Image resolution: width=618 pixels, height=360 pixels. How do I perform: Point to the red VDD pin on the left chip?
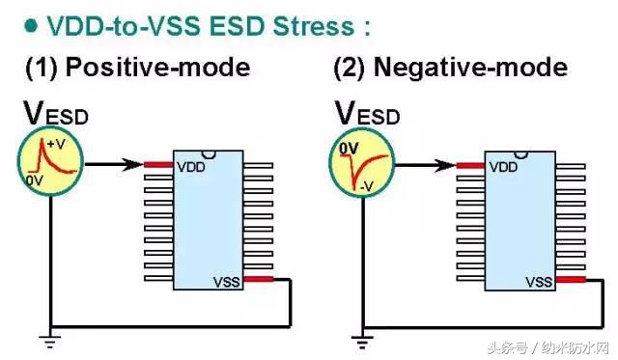pyautogui.click(x=158, y=165)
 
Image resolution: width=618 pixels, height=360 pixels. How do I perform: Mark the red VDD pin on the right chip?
pyautogui.click(x=470, y=165)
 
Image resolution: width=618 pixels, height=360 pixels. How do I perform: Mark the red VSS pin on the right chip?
pyautogui.click(x=571, y=281)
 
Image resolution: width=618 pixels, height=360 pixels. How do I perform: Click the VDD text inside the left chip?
pyautogui.click(x=190, y=167)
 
